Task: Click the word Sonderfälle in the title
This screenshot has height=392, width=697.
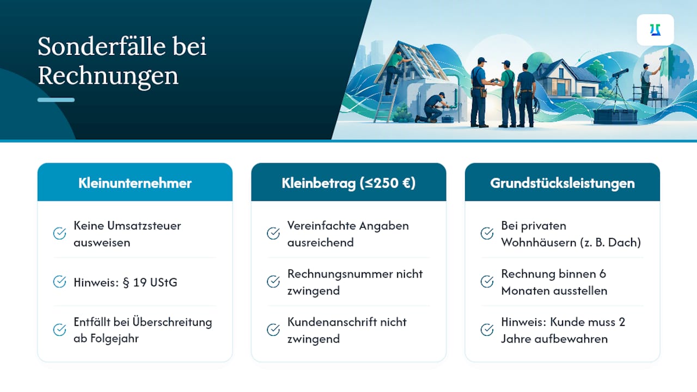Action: click(101, 46)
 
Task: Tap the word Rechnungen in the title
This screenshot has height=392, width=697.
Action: click(108, 76)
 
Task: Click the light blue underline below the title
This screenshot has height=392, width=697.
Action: click(56, 100)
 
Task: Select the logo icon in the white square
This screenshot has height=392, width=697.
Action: click(655, 30)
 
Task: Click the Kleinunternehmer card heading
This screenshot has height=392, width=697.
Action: click(134, 183)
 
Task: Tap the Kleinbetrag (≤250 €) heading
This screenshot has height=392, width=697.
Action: click(348, 183)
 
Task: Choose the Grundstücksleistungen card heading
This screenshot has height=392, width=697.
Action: click(563, 183)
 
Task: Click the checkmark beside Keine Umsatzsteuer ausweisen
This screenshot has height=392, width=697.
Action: click(59, 234)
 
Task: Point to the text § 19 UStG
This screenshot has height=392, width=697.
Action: click(150, 282)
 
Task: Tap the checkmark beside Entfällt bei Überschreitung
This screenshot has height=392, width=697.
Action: click(59, 330)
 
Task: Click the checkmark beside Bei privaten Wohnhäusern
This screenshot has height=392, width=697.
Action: click(487, 234)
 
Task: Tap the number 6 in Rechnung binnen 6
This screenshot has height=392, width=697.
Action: click(603, 274)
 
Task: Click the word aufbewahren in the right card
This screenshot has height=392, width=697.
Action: click(571, 339)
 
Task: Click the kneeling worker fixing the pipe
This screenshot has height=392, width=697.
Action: click(431, 108)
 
